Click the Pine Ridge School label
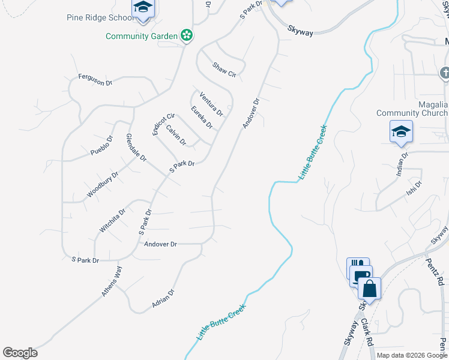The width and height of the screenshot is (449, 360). tap(101, 17)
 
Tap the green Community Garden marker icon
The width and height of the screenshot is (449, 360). tap(187, 36)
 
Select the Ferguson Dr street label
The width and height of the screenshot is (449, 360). tap(95, 80)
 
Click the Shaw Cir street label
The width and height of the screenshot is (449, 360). tap(224, 70)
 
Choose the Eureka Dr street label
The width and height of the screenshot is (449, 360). tap(202, 117)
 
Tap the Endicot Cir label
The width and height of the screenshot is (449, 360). tap(163, 124)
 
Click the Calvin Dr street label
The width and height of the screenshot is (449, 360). tap(176, 135)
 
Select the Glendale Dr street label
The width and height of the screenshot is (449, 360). tap(136, 148)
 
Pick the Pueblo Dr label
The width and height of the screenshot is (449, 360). tap(101, 145)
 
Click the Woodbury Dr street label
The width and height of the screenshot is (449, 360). tap(103, 184)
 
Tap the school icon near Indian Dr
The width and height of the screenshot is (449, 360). tap(401, 131)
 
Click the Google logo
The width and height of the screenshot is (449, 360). tap(20, 353)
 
